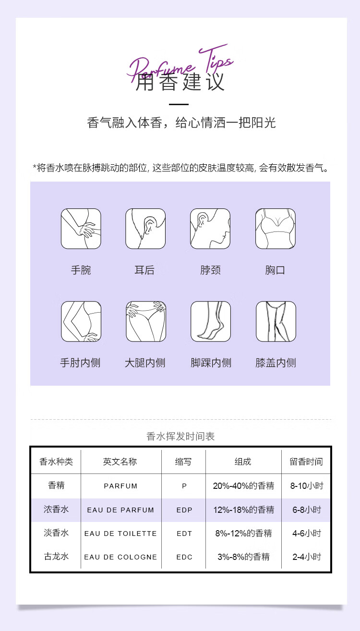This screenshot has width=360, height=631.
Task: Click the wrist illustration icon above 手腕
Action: (x=81, y=229)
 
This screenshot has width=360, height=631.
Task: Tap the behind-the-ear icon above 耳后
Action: (x=145, y=229)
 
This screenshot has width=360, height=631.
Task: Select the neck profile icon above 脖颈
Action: (x=210, y=229)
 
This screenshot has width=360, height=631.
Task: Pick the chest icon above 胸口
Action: (x=275, y=229)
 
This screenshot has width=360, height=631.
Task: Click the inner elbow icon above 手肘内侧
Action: (x=81, y=321)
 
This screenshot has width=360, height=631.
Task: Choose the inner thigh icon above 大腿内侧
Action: (x=145, y=321)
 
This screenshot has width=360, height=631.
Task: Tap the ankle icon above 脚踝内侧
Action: (x=210, y=321)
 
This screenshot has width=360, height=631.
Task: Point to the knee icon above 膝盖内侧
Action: (x=276, y=321)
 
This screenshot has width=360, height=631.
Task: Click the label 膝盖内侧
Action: (x=276, y=363)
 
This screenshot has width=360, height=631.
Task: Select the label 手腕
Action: (x=81, y=270)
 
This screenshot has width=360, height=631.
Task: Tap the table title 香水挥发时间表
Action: (x=180, y=437)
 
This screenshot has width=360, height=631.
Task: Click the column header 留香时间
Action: (x=306, y=462)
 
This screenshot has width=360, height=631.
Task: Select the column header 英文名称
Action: (x=120, y=462)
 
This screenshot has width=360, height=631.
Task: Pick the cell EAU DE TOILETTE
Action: (x=120, y=534)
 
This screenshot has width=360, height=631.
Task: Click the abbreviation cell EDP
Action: (x=184, y=510)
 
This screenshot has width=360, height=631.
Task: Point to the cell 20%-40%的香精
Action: (x=243, y=486)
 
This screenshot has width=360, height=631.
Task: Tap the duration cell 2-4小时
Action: (x=307, y=557)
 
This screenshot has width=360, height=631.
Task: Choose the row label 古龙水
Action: (x=56, y=557)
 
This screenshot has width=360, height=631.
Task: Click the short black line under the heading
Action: (x=179, y=104)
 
